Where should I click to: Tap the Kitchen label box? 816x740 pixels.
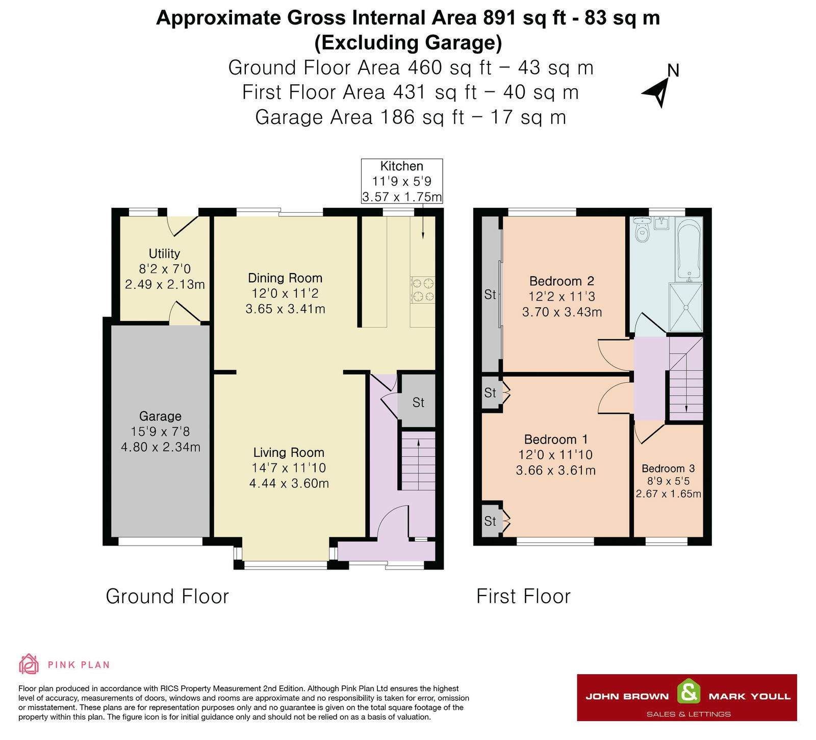[x=402, y=181]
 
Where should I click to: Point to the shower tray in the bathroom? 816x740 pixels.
[x=686, y=308]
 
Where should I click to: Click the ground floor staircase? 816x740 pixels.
[x=418, y=461]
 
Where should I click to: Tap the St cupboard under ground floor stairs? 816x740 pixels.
[x=418, y=402]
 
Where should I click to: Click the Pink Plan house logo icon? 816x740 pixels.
[x=29, y=664]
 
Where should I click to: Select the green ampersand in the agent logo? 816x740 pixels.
[x=688, y=693]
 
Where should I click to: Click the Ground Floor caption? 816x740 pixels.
[x=167, y=596]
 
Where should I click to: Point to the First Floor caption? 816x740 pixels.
[x=523, y=596]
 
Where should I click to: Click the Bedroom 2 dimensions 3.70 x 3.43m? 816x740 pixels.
[x=562, y=312]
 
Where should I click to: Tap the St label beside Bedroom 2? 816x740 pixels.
[x=490, y=294]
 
